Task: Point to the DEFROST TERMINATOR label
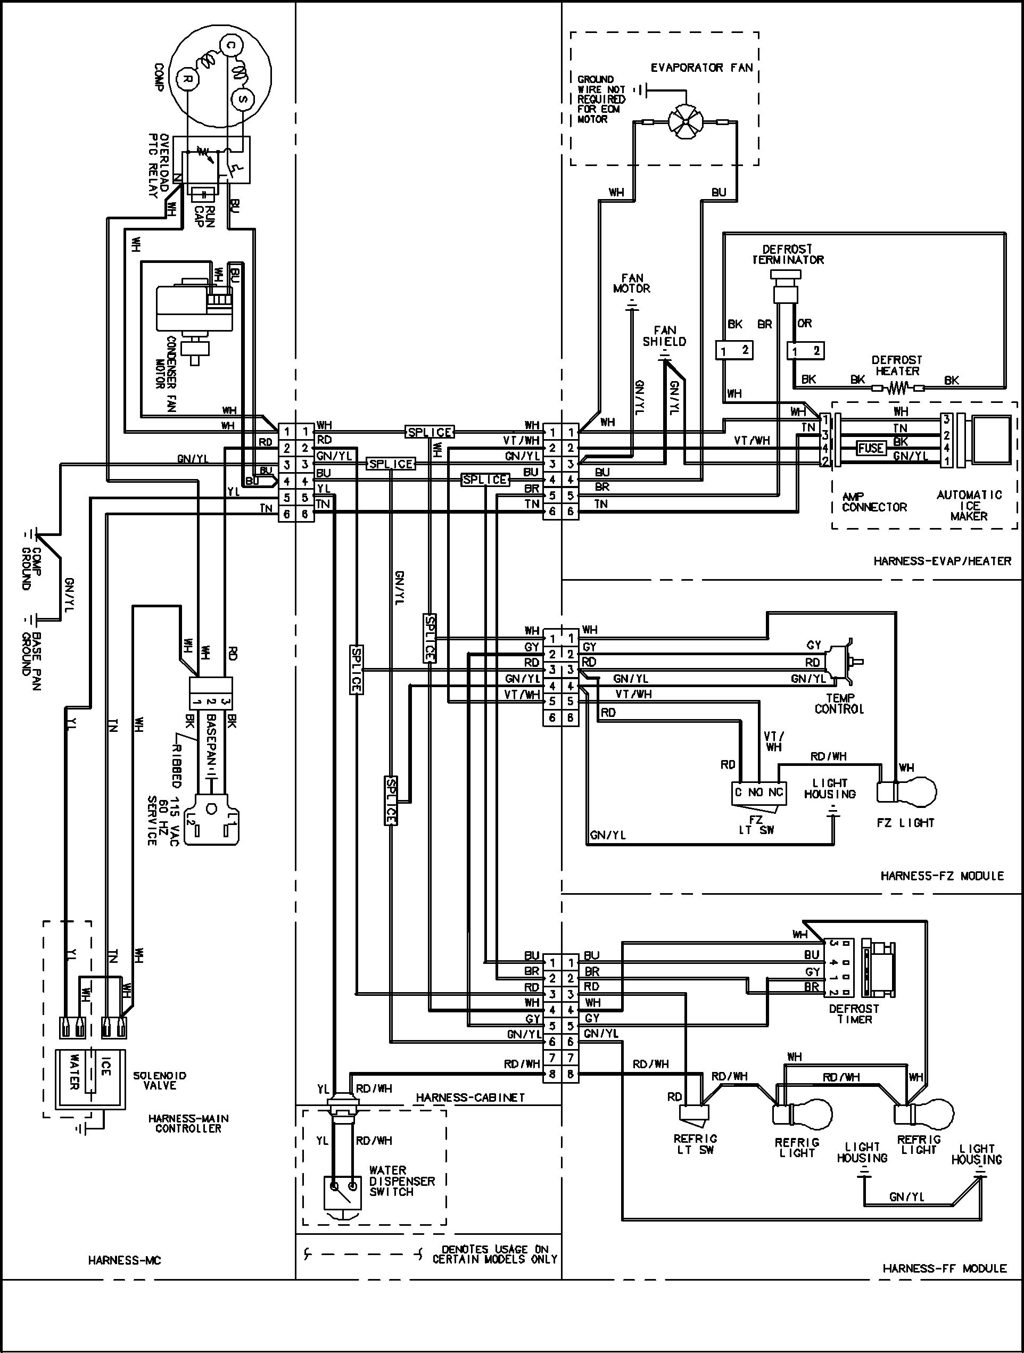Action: click(788, 254)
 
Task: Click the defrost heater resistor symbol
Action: click(897, 387)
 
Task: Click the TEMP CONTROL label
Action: click(839, 704)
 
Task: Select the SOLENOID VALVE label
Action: click(160, 1080)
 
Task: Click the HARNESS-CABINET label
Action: click(470, 1098)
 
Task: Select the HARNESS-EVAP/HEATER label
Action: click(942, 561)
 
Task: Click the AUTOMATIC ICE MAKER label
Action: click(969, 505)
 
